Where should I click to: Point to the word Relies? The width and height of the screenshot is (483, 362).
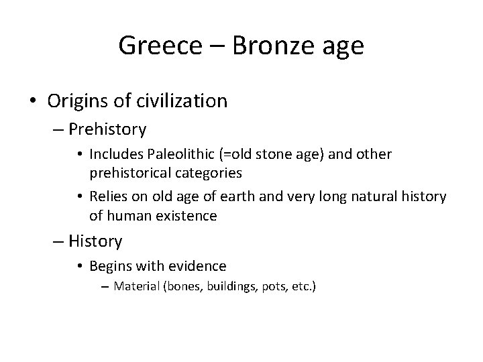click(x=107, y=196)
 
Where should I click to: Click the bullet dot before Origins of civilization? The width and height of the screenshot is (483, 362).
click(x=33, y=102)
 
